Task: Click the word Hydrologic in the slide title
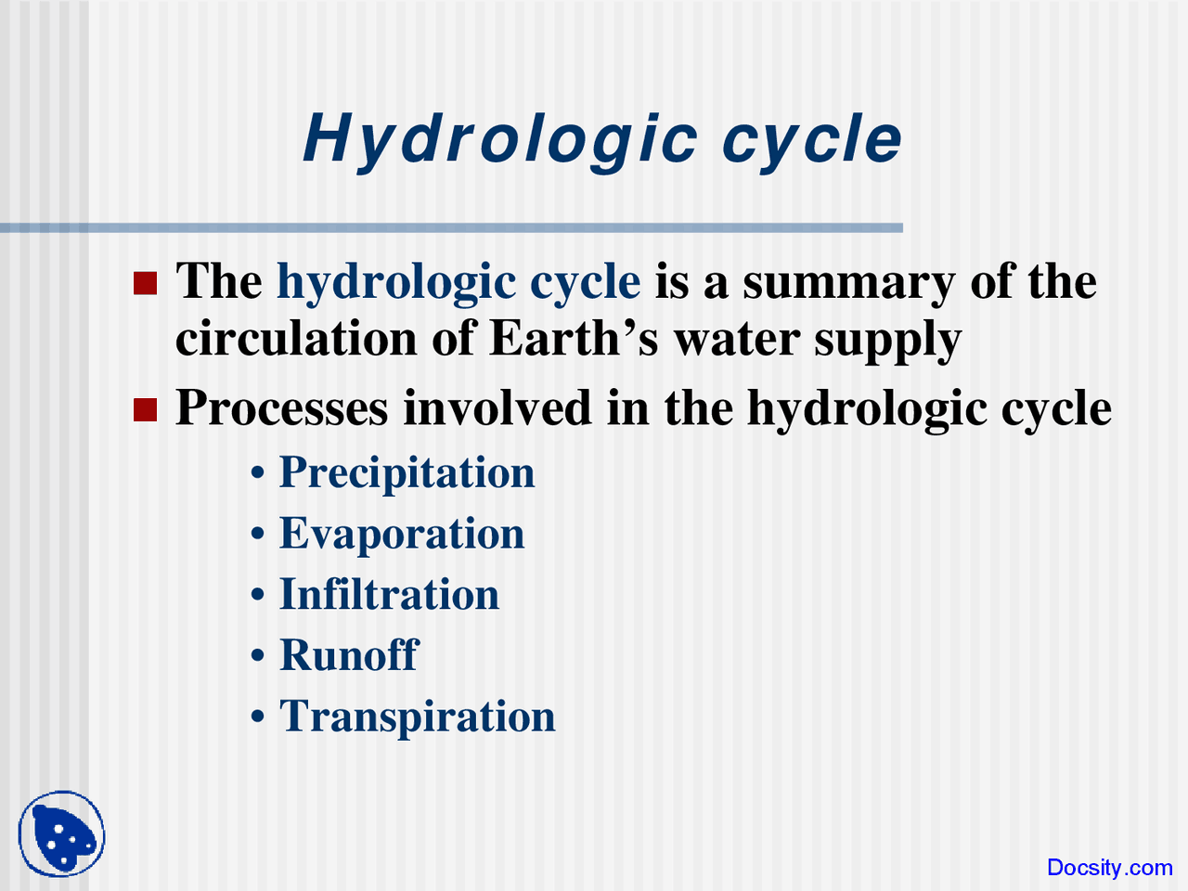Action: point(500,140)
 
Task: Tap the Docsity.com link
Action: point(1109,868)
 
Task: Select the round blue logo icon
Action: point(62,833)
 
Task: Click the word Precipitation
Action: point(407,472)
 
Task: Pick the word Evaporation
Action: point(402,534)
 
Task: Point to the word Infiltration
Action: point(389,595)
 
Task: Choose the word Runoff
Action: point(349,655)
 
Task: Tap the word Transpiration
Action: point(417,717)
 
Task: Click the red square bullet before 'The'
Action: point(146,282)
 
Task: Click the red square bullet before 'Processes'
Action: point(146,409)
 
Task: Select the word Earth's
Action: point(574,338)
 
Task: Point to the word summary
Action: point(848,282)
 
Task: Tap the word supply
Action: point(887,340)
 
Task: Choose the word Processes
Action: point(281,408)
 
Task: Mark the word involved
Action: point(497,408)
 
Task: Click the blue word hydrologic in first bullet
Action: point(396,282)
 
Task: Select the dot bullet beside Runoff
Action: point(258,656)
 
